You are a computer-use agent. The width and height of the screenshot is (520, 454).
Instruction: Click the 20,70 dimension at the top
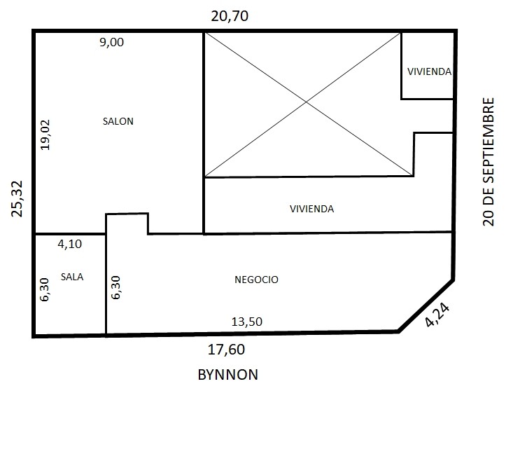(230, 16)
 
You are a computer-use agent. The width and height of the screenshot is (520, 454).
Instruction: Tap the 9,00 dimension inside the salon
(112, 42)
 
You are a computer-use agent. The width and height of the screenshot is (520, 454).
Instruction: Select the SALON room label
(118, 121)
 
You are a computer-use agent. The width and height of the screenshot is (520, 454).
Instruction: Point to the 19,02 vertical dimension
(45, 135)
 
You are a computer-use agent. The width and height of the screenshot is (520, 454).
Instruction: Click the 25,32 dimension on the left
(17, 199)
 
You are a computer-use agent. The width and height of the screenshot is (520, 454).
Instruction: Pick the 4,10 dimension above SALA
(70, 245)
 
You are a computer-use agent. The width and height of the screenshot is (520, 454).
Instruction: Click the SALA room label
(72, 277)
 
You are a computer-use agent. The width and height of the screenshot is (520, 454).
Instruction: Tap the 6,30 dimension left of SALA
(44, 289)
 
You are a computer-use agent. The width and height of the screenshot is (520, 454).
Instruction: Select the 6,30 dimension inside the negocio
(115, 287)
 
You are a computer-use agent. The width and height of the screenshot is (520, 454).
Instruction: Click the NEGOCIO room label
(256, 280)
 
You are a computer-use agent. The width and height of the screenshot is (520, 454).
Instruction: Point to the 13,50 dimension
(247, 322)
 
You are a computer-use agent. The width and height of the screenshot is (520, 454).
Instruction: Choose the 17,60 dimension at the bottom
(226, 350)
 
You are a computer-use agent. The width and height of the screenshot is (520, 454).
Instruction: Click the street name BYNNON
(228, 375)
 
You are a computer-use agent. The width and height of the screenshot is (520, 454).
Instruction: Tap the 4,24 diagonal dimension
(437, 315)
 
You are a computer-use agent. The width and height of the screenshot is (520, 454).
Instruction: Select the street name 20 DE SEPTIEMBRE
(489, 162)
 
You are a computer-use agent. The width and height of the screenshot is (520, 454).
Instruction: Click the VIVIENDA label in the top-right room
(429, 71)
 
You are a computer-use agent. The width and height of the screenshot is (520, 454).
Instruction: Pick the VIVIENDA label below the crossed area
(311, 209)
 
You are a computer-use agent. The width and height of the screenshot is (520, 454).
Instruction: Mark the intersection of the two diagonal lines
(306, 103)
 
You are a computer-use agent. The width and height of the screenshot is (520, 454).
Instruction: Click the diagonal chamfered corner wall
(426, 305)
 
